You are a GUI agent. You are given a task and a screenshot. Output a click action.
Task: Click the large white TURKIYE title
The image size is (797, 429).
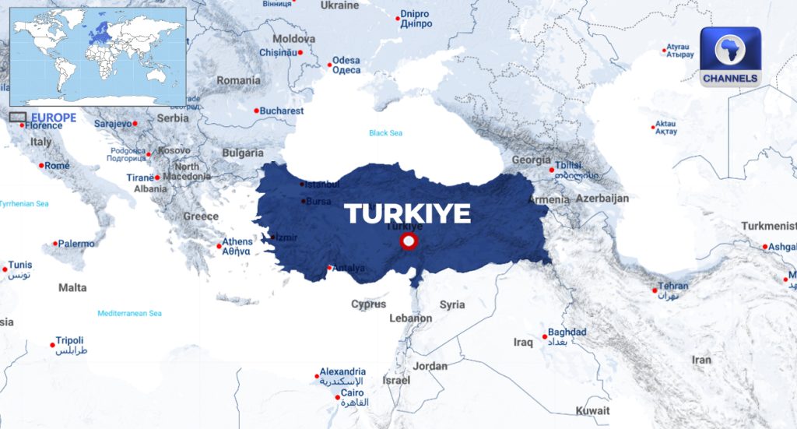tap(408, 213)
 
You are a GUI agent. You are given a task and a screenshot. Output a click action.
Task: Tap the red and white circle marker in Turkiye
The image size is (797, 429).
tap(407, 243)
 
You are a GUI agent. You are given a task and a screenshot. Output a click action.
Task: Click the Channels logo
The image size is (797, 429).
tap(729, 56)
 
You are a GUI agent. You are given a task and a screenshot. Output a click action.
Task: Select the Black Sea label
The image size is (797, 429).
tap(385, 133)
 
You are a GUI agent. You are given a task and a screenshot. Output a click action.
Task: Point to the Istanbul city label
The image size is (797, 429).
tap(323, 185)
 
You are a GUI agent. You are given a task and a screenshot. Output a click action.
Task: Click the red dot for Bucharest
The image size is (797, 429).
tap(256, 111)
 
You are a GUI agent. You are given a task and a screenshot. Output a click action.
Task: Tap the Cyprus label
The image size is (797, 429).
tap(368, 304)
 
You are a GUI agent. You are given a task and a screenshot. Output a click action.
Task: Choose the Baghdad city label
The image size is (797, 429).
tap(567, 332)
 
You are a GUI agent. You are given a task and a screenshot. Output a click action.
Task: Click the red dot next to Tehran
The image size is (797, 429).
tap(655, 291)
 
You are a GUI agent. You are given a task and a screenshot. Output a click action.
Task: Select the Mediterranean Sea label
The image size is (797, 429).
tap(129, 313)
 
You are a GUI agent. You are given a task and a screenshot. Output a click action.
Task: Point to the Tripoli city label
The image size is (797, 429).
tap(69, 341)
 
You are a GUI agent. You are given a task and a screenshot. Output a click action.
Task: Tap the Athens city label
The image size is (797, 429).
tap(237, 242)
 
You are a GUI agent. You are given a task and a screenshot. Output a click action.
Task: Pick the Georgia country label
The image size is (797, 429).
tap(531, 160)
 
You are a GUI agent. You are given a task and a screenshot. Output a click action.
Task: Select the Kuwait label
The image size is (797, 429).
tap(592, 410)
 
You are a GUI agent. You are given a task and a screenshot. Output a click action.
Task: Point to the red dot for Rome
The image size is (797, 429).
tap(41, 165)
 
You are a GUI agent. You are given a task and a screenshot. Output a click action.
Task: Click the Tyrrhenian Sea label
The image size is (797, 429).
tap(24, 204)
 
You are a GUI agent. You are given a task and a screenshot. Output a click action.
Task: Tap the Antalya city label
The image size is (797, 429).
tap(349, 269)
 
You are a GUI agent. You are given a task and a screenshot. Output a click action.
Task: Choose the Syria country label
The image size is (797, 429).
tap(451, 304)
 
